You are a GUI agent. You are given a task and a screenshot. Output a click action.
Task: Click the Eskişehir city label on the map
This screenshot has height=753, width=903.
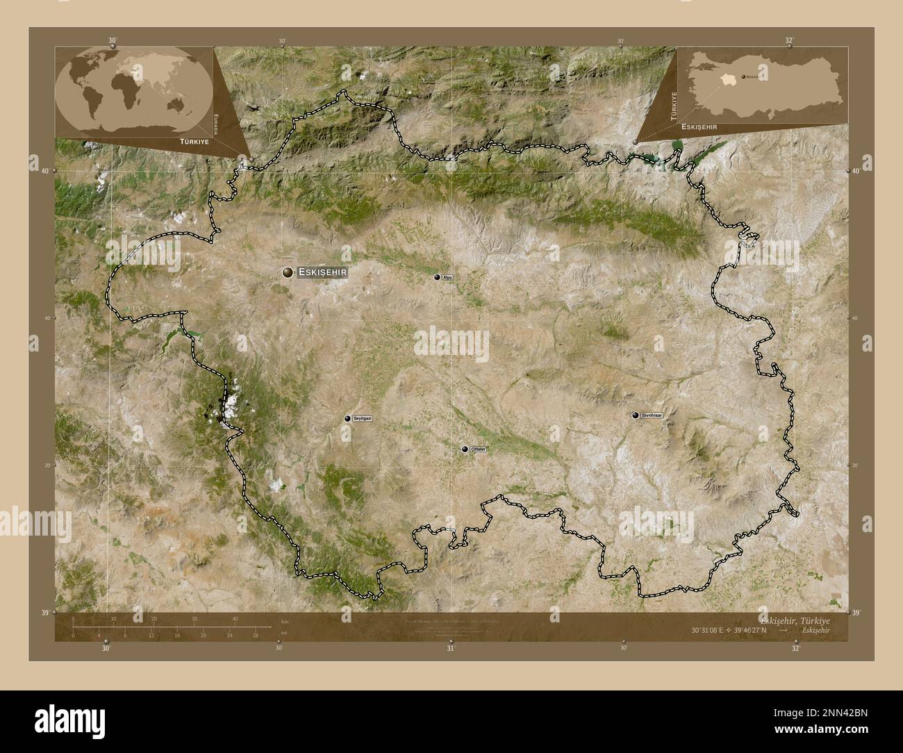tap(322, 273)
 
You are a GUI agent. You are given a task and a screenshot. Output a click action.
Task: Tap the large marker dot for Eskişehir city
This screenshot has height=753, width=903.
tap(288, 273)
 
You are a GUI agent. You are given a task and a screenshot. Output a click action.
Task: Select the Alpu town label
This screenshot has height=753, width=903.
tap(447, 277)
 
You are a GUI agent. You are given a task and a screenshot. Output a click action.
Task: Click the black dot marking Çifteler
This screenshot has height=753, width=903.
tap(465, 449)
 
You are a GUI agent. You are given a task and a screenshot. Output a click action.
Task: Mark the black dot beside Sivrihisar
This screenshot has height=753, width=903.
tap(635, 415)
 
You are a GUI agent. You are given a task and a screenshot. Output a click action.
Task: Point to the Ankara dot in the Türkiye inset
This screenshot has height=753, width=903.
tap(744, 76)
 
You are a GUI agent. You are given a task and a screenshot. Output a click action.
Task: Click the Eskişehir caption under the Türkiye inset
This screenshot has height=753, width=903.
tap(699, 127)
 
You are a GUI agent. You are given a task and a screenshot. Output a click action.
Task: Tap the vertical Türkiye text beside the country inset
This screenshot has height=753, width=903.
tap(672, 107)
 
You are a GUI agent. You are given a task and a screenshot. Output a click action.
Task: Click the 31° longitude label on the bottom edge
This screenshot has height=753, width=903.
tap(451, 649)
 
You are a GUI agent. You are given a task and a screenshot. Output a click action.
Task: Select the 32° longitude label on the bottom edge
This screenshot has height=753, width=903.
tap(795, 649)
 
